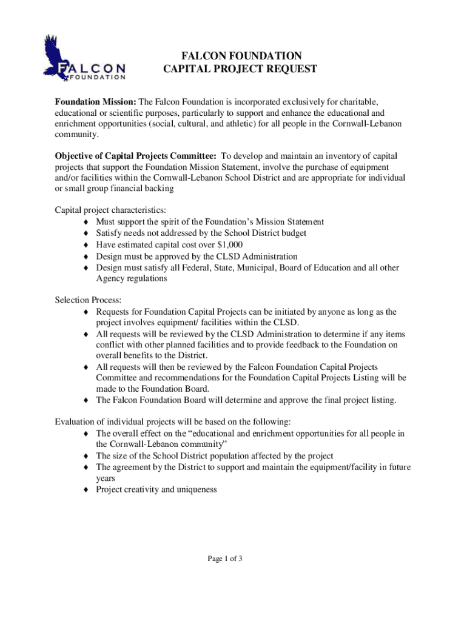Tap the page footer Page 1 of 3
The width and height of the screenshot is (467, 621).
pyautogui.click(x=225, y=559)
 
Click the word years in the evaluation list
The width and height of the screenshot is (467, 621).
pyautogui.click(x=106, y=478)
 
